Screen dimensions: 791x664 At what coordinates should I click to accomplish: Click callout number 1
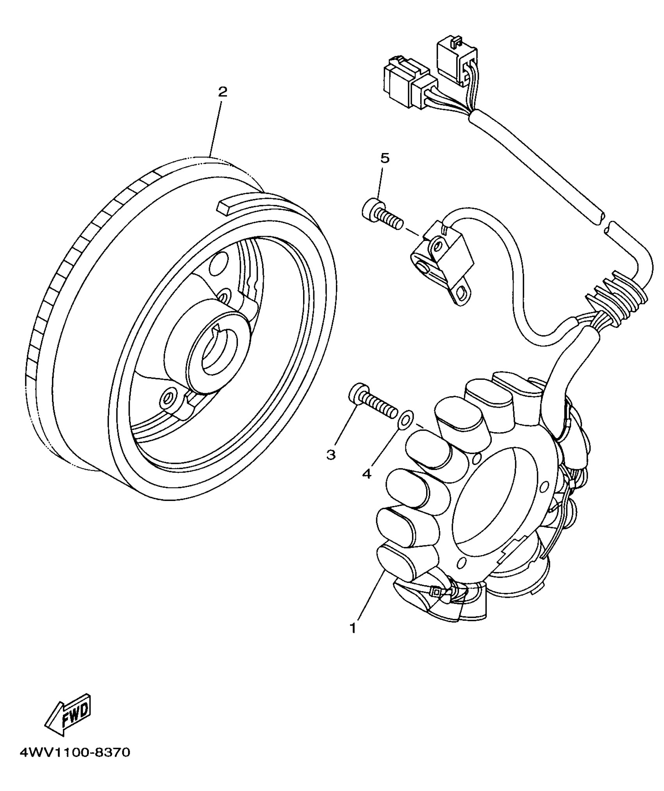coord(353,628)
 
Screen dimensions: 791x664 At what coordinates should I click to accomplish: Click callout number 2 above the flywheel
coord(222,92)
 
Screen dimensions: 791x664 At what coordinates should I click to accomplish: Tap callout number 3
coord(331,454)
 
